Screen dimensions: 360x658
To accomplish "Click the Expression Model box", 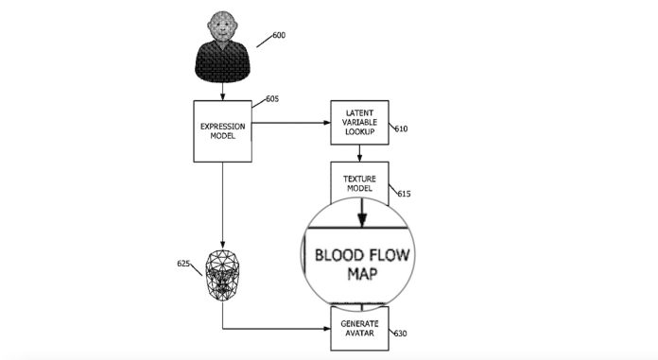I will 223,129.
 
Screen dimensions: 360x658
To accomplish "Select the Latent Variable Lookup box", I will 360,124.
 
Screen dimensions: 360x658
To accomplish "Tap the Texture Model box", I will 360,182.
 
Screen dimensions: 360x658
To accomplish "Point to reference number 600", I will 278,36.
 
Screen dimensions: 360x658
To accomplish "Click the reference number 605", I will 272,98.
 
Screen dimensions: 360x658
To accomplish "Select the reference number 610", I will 401,129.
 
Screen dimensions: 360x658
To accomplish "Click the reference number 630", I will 401,333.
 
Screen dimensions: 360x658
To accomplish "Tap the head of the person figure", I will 223,27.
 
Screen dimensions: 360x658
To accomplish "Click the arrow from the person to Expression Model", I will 223,92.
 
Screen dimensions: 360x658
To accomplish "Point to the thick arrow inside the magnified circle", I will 360,216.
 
